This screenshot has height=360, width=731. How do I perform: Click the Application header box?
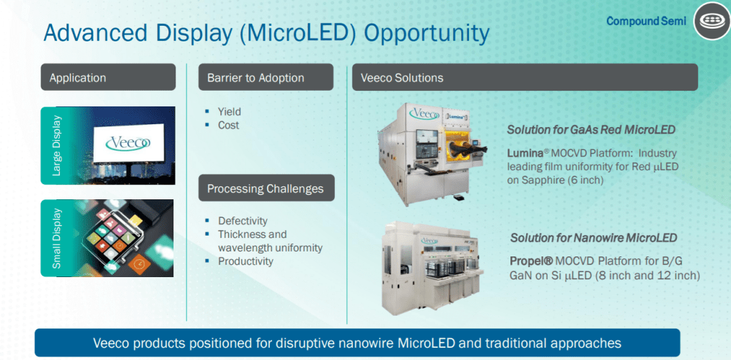[x=109, y=77]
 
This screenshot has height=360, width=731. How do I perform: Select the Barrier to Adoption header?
[x=266, y=77]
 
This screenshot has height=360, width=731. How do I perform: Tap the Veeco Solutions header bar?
[x=525, y=77]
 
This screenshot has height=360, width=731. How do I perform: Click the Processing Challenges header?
[x=266, y=188]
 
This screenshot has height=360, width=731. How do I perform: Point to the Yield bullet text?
[x=229, y=112]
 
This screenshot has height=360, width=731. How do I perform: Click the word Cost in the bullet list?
[x=228, y=125]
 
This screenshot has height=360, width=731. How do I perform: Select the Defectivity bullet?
[x=243, y=221]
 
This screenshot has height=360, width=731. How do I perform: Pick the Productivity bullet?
[x=246, y=261]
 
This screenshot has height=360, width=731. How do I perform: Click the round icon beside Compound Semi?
[x=712, y=21]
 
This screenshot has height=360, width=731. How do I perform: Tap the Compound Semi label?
[x=646, y=21]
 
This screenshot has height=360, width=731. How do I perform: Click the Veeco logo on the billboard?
[x=128, y=142]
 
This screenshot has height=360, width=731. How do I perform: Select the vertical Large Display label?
[x=56, y=146]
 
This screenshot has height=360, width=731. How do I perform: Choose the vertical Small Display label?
[x=56, y=239]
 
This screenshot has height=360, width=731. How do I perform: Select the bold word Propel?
[x=529, y=261]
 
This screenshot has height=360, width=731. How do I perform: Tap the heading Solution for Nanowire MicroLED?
[x=593, y=238]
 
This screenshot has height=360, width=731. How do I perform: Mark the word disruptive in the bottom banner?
[x=304, y=343]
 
